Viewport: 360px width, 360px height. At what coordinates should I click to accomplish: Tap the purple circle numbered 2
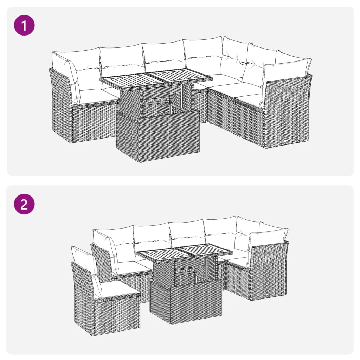pyautogui.click(x=24, y=204)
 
